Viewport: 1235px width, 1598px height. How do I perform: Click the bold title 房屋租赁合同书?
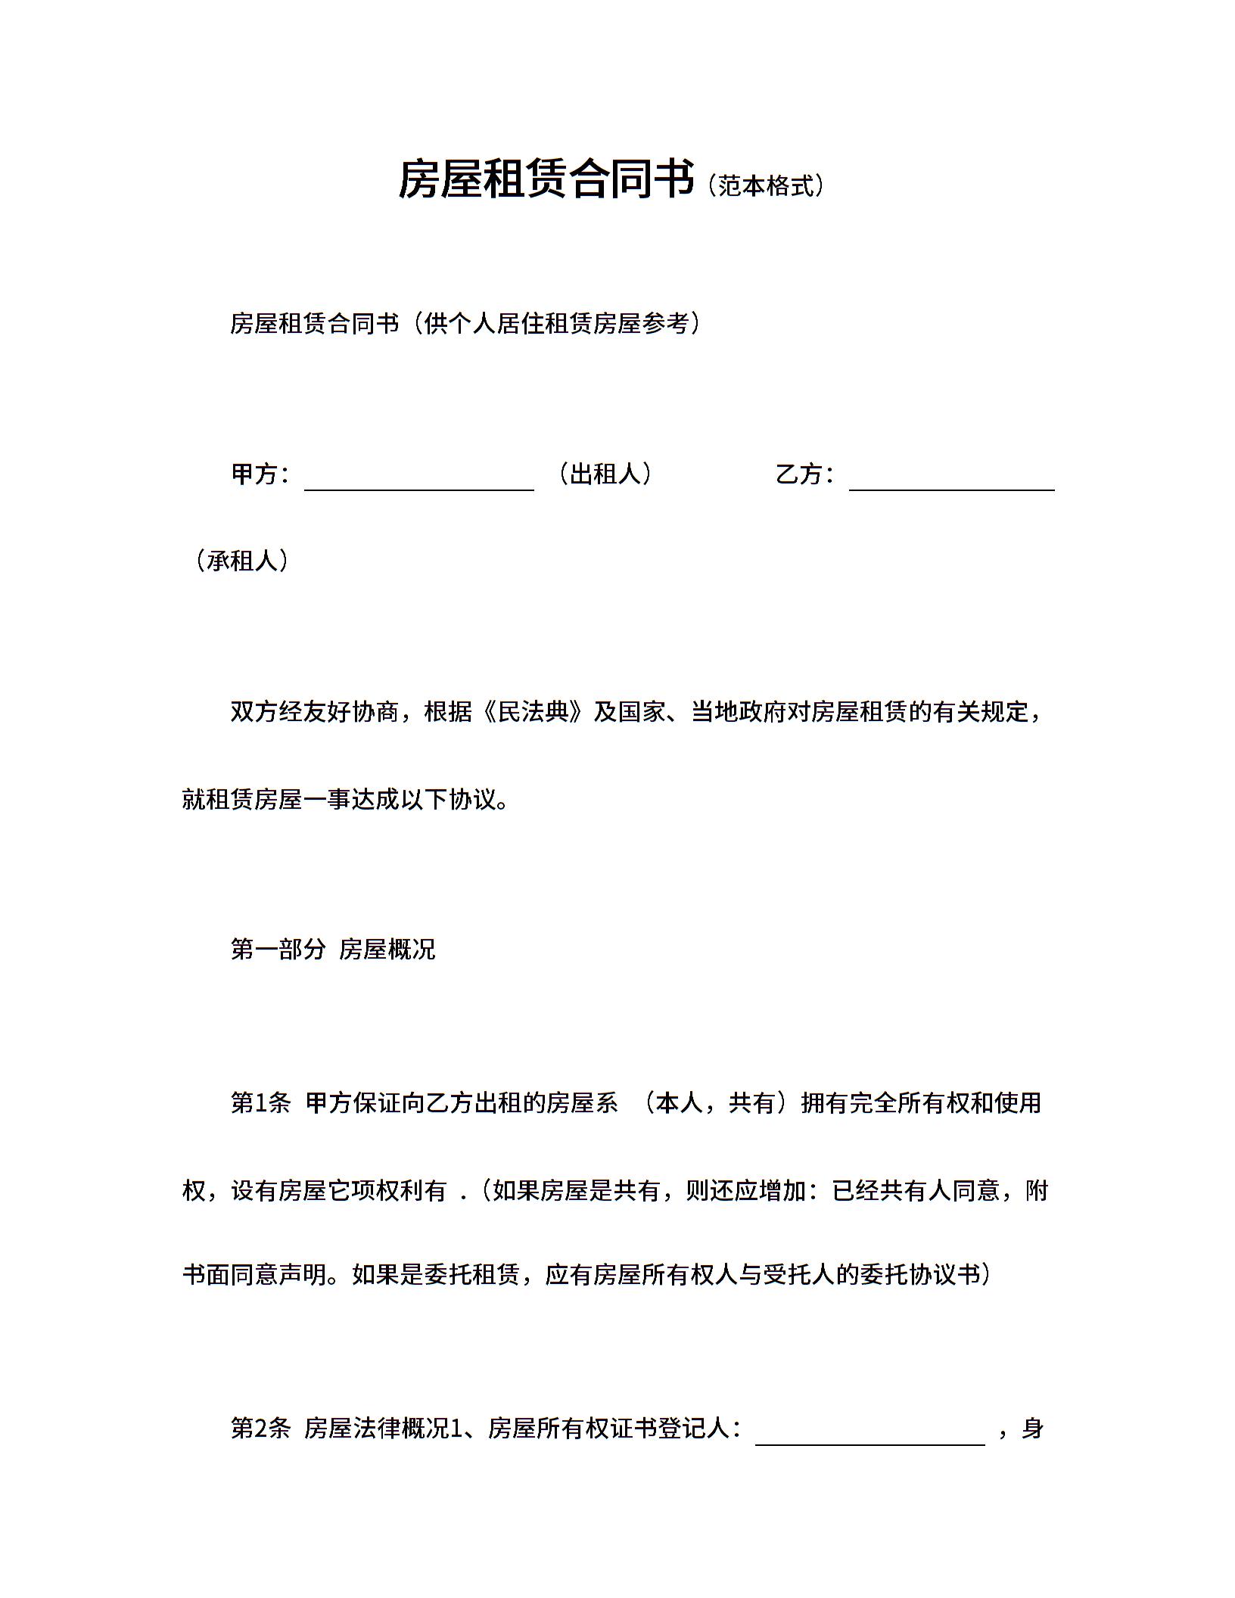tap(546, 180)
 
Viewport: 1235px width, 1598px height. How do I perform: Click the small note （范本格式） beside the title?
tap(766, 185)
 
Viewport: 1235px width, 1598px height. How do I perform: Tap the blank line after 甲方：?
tap(418, 481)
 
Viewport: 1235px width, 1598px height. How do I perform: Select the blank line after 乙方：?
tap(951, 481)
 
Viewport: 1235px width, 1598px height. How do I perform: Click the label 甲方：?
tap(260, 474)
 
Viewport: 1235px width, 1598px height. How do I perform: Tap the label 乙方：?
tap(804, 474)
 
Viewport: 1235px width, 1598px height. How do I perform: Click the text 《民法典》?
tap(533, 712)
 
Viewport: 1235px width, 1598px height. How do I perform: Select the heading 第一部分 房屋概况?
tap(333, 949)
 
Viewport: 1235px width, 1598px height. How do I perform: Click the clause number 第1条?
tap(260, 1103)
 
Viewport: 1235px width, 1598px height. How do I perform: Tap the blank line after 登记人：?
tap(869, 1435)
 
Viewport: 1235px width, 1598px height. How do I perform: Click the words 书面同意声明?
tap(254, 1275)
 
